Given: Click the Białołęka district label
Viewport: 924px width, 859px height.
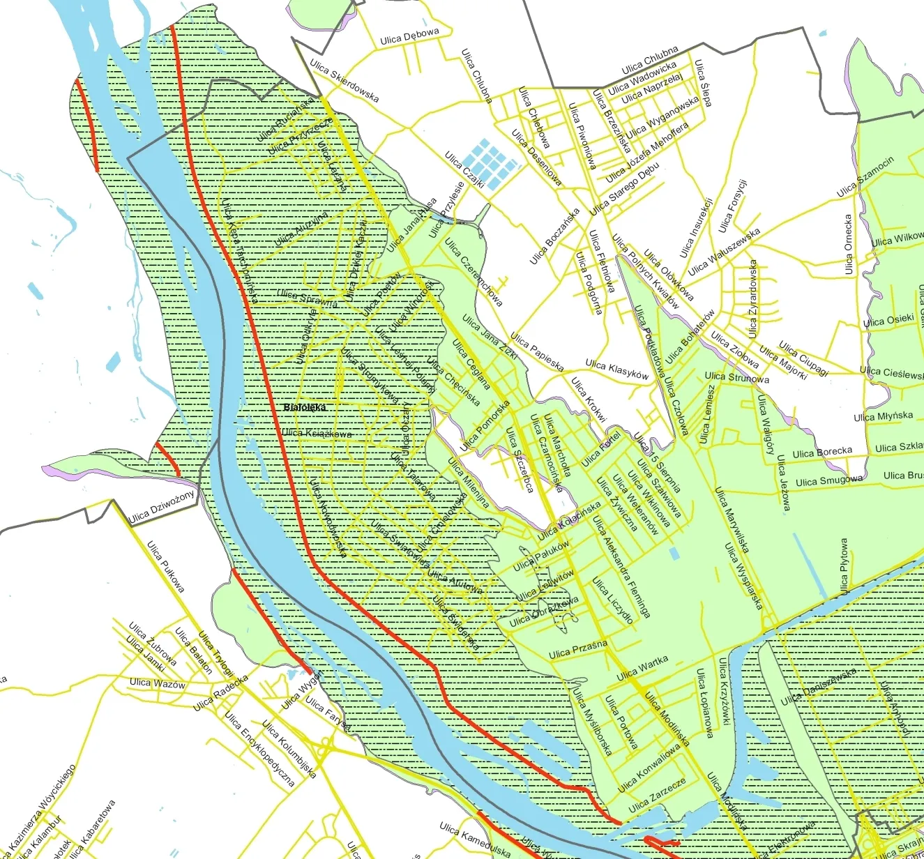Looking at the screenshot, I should pyautogui.click(x=305, y=407).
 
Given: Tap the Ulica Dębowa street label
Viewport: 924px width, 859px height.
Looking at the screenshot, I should pyautogui.click(x=409, y=36).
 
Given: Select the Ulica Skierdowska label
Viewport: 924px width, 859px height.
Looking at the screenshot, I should pyautogui.click(x=344, y=81).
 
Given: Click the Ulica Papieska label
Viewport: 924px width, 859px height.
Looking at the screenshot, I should pyautogui.click(x=536, y=351).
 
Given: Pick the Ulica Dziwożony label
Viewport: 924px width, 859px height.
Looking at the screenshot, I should pyautogui.click(x=162, y=506).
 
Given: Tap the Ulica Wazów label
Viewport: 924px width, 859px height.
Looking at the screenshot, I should pyautogui.click(x=158, y=683).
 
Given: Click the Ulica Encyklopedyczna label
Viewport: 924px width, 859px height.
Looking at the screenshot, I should pyautogui.click(x=259, y=749).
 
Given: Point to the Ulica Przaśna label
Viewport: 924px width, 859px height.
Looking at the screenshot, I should pyautogui.click(x=577, y=650).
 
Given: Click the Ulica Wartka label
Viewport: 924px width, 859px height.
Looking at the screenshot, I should pyautogui.click(x=642, y=668).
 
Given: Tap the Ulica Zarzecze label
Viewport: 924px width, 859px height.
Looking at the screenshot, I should pyautogui.click(x=657, y=796).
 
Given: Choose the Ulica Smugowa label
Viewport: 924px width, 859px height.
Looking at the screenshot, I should pyautogui.click(x=828, y=480).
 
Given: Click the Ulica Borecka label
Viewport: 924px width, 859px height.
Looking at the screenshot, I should pyautogui.click(x=822, y=453).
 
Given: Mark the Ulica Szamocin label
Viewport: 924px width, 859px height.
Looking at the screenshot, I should pyautogui.click(x=865, y=176).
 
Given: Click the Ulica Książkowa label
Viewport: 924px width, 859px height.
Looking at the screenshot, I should pyautogui.click(x=317, y=434).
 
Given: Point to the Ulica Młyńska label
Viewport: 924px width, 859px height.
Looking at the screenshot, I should pyautogui.click(x=883, y=416).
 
